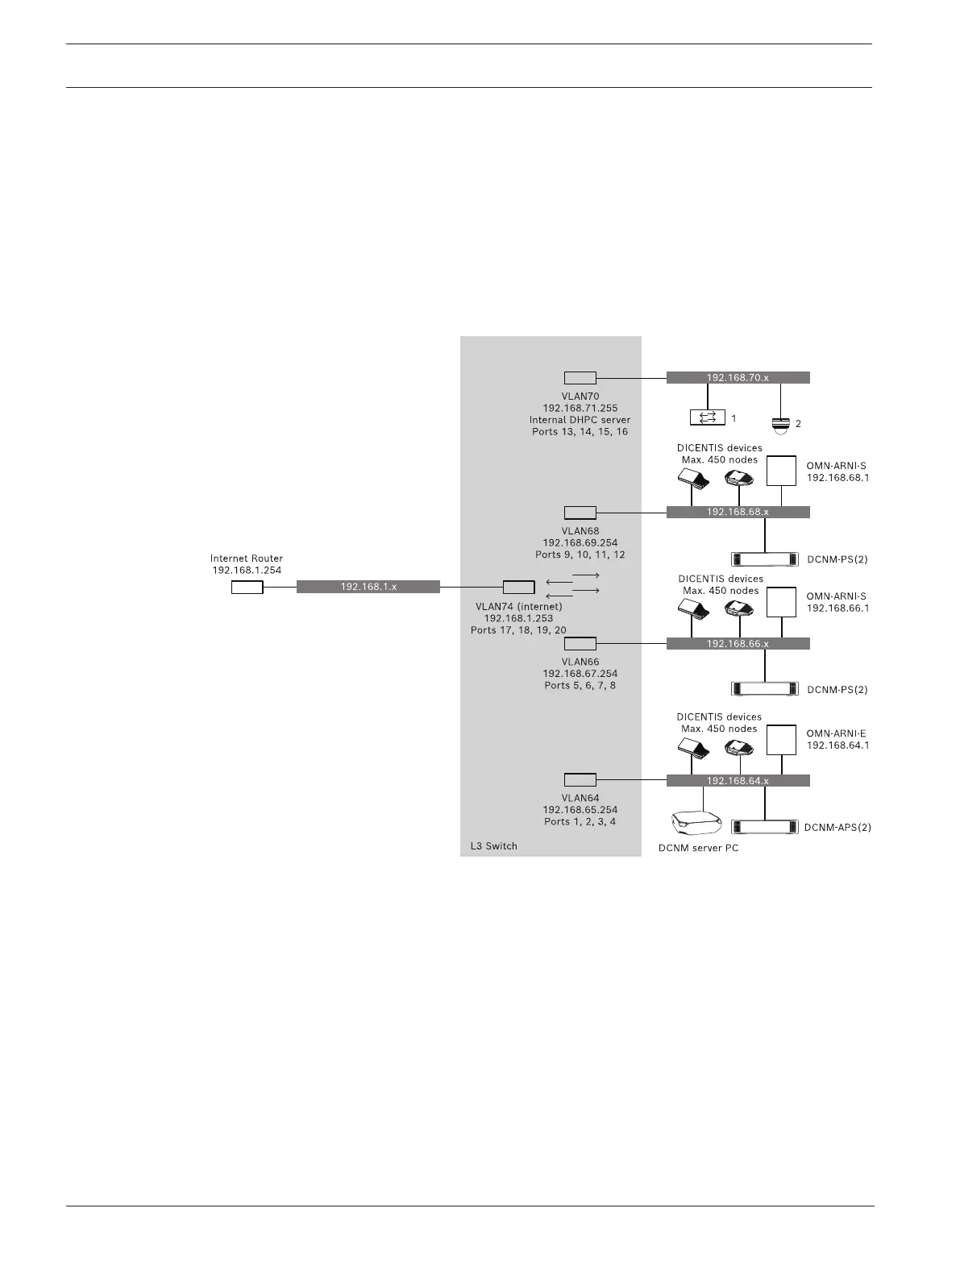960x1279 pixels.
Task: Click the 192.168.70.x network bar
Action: (x=738, y=377)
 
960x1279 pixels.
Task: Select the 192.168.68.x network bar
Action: (x=738, y=512)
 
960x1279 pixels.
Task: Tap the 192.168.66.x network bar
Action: (x=738, y=643)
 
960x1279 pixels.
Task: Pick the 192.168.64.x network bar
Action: (x=738, y=780)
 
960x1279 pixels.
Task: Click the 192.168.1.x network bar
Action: (x=368, y=587)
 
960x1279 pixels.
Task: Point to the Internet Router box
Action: (x=247, y=588)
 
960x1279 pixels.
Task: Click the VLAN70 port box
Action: (x=580, y=377)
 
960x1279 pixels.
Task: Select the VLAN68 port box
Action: (x=580, y=512)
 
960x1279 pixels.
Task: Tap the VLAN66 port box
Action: (x=580, y=643)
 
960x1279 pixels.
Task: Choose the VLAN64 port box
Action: (x=580, y=779)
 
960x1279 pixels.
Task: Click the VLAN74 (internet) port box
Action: (x=518, y=587)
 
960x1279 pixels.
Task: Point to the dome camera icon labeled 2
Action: (x=780, y=424)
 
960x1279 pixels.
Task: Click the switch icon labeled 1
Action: (x=708, y=417)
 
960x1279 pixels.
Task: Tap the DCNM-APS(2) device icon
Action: (x=764, y=827)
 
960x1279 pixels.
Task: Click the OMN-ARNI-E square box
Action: (x=781, y=739)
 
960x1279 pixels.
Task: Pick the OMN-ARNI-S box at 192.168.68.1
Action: (x=781, y=471)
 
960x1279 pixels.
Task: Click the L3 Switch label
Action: (x=493, y=845)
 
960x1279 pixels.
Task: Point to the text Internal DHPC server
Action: (x=580, y=420)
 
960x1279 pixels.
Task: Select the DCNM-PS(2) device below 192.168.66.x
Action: (x=764, y=689)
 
